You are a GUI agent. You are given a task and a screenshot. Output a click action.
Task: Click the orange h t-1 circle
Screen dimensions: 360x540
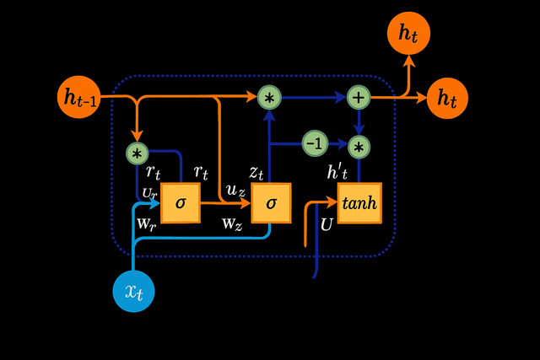point(80,96)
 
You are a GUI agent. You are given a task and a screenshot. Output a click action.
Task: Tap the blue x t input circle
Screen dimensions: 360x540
point(133,291)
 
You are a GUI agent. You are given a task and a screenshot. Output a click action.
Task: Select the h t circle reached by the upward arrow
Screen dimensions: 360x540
point(408,34)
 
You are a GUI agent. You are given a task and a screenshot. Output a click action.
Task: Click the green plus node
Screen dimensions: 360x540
point(359,97)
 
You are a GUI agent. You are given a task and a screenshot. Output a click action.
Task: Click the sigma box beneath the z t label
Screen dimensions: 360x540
point(271,203)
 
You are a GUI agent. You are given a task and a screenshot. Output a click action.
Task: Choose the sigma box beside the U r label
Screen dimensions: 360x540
point(180,203)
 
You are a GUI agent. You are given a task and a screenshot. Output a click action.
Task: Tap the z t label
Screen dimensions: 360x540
point(257,173)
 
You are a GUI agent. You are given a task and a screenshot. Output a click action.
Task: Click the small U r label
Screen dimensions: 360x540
point(149,194)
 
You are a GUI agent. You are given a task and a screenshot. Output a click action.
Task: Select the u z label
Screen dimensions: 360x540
point(236,192)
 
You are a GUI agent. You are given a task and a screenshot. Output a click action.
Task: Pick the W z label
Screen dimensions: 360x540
point(232,224)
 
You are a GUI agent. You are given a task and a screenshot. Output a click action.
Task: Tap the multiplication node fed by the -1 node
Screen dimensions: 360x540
point(359,148)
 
